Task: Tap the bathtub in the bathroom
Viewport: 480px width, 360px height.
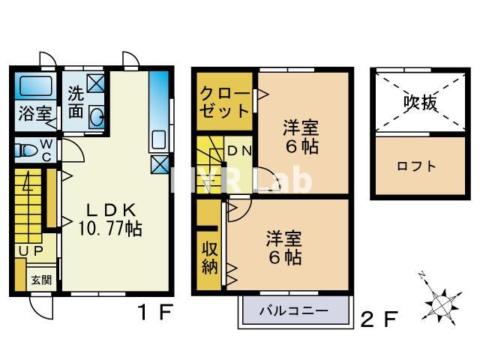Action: tap(34, 86)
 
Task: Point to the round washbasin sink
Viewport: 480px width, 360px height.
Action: tap(97, 116)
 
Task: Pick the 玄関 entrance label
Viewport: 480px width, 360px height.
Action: tap(41, 280)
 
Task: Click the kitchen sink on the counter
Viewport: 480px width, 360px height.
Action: tap(158, 140)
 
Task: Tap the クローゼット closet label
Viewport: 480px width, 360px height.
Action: tap(224, 102)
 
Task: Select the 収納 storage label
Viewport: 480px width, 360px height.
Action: tap(208, 258)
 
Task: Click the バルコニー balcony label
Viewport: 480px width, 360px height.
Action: tap(294, 310)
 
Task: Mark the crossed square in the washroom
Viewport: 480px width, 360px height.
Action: tap(97, 83)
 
